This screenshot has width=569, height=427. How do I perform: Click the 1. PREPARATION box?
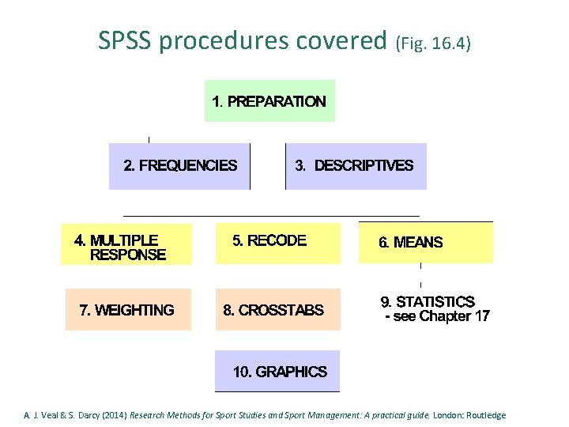tap(269, 100)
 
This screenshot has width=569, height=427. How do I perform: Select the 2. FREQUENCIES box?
tap(179, 166)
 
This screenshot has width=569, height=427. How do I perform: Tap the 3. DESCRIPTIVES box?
tap(355, 166)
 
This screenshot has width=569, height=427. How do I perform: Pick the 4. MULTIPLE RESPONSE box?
tap(126, 244)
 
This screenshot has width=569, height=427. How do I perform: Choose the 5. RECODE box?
tap(277, 243)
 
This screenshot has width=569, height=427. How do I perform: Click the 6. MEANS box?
tap(425, 243)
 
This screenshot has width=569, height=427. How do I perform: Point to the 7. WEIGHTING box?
tap(128, 309)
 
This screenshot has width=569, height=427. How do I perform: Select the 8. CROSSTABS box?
tap(277, 309)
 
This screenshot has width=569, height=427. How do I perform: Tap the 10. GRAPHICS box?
tap(277, 371)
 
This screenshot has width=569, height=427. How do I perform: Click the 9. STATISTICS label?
tap(428, 302)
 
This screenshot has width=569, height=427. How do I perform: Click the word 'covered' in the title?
tap(347, 40)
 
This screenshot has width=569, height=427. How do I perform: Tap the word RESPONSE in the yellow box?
tap(128, 255)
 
